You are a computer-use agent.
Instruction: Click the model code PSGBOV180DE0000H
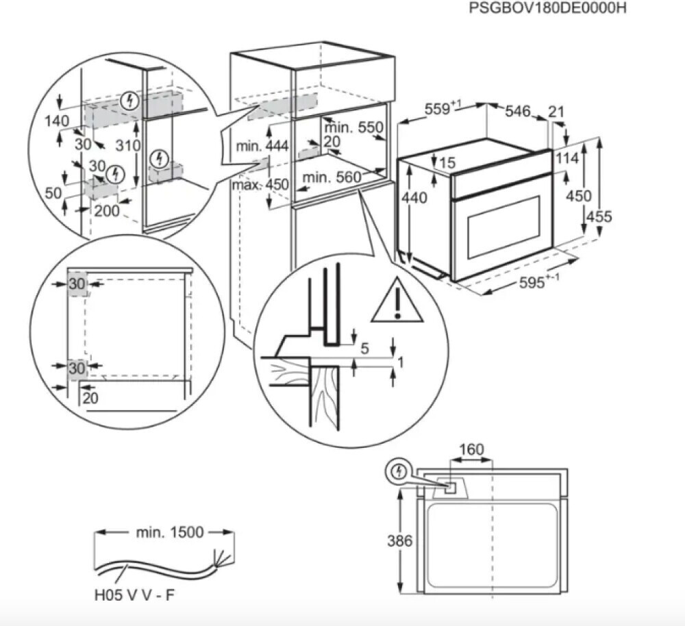[547, 9]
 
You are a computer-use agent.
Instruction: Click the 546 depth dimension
[518, 112]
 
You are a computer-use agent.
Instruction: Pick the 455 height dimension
[599, 216]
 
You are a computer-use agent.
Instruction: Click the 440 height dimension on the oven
[415, 198]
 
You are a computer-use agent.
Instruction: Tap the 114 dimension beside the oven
[568, 158]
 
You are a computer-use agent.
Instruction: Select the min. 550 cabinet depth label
[353, 127]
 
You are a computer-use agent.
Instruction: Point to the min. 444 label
[262, 146]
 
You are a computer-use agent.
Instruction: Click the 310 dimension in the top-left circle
[128, 145]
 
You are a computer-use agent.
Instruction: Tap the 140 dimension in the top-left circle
[56, 121]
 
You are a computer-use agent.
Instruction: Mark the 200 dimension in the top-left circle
[107, 210]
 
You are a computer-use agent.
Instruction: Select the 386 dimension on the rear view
[399, 541]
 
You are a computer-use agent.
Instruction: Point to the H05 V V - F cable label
[134, 594]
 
